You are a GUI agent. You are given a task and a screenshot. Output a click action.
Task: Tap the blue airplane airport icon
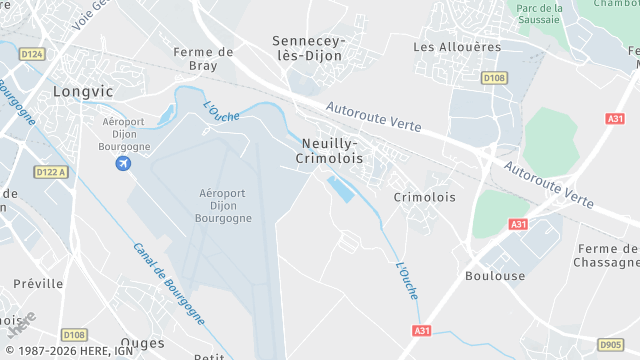coord(123,163)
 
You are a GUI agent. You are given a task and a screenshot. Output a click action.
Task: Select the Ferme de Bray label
coord(203,58)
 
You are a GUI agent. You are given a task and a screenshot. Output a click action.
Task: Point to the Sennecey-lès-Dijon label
coord(307,48)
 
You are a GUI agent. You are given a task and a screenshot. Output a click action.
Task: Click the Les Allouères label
coord(456,47)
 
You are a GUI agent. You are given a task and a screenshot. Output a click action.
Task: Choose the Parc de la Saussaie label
coord(541,14)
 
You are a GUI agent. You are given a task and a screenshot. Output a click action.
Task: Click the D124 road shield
coord(32,54)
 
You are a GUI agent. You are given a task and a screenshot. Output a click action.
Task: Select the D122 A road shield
coord(49,171)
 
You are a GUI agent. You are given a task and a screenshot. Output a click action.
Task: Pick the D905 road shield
coord(611,344)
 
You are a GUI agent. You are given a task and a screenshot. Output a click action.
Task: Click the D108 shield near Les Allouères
coord(493,77)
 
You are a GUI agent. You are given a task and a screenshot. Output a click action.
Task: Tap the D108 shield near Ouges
coord(74,335)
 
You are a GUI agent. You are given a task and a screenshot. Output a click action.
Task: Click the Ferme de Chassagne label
coord(608,255)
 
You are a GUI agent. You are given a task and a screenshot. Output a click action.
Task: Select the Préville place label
coord(39,284)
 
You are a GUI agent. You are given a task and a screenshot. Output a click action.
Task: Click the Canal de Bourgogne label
coord(168,282)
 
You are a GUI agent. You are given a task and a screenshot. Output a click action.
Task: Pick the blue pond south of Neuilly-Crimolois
coord(341,188)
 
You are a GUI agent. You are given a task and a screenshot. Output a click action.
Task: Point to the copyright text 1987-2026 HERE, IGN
coord(68,351)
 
